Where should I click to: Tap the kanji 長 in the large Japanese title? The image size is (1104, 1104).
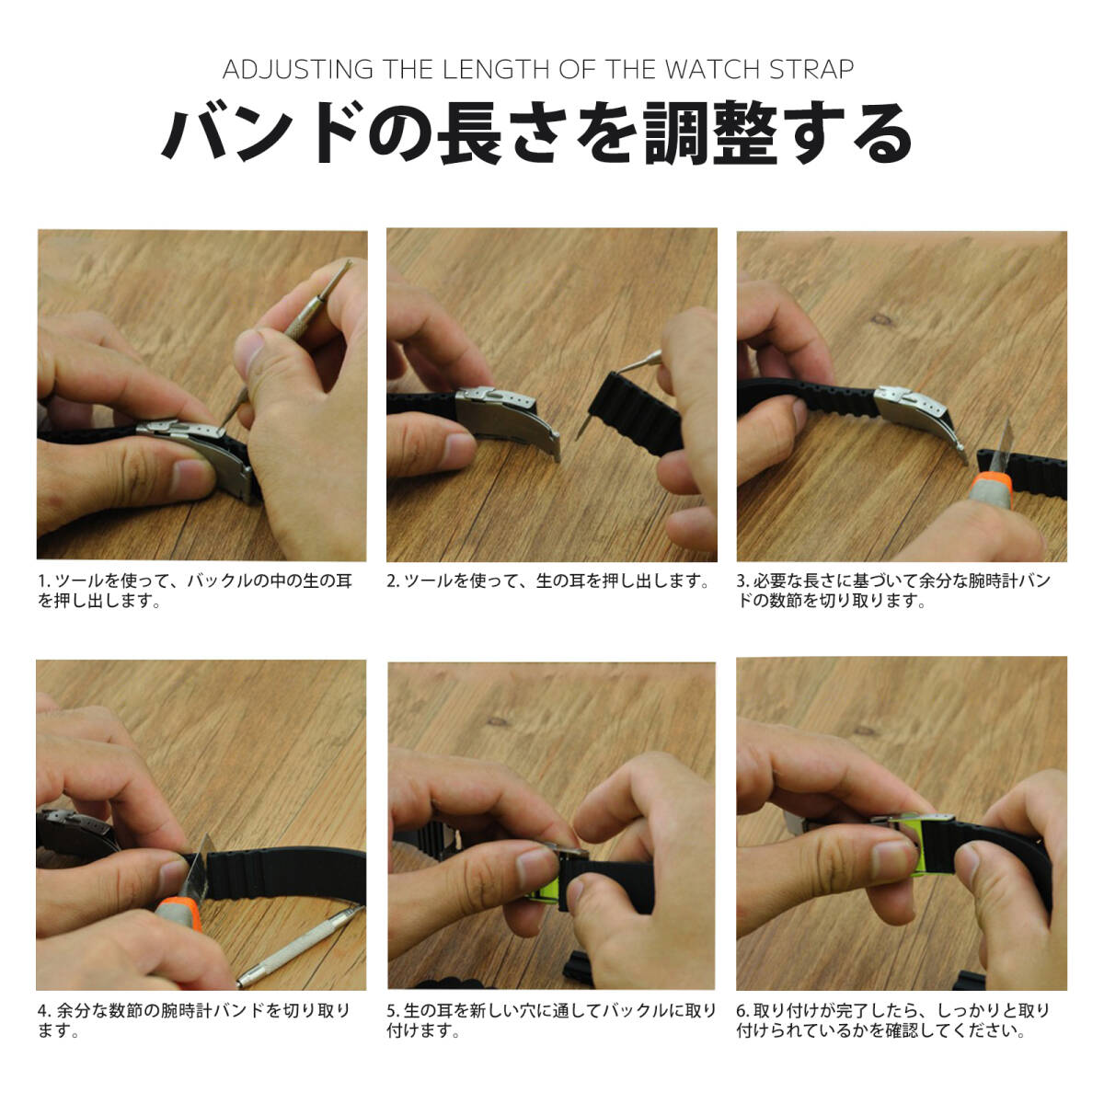click(x=470, y=133)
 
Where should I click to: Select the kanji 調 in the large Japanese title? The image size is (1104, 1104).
click(x=676, y=133)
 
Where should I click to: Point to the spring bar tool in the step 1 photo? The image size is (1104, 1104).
click(x=286, y=344)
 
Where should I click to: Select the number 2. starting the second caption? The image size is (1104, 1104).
click(x=394, y=581)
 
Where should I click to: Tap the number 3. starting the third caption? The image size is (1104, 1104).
click(x=743, y=581)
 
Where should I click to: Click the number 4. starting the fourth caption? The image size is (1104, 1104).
click(x=45, y=1010)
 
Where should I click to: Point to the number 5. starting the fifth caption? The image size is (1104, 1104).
click(x=394, y=1010)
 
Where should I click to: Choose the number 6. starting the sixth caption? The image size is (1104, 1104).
click(x=743, y=1010)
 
